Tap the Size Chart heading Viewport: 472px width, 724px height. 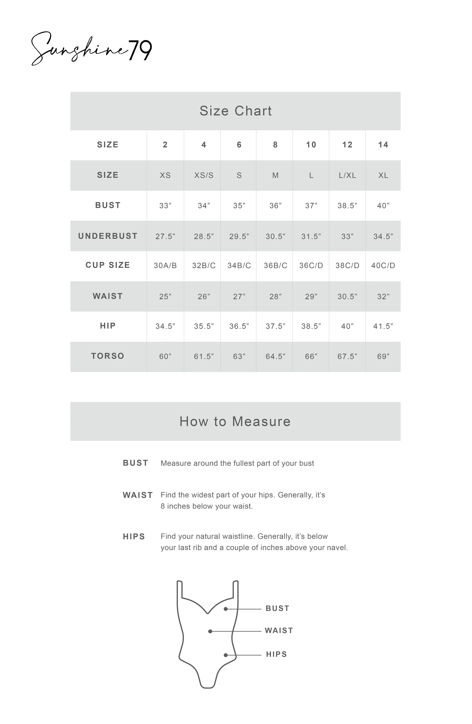(x=235, y=111)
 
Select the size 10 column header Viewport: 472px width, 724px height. (x=311, y=145)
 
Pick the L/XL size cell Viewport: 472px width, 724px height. (x=347, y=175)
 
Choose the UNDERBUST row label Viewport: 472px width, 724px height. (x=108, y=236)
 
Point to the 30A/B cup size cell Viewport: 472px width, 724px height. (x=165, y=266)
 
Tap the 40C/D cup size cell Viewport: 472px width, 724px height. (x=383, y=266)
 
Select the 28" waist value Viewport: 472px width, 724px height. (x=275, y=297)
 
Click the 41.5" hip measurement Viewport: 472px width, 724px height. (x=383, y=326)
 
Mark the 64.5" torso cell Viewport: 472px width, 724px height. (x=275, y=356)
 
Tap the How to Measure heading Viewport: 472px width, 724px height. (x=235, y=422)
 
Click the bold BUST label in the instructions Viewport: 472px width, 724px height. (x=135, y=463)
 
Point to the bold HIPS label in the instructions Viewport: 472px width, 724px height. (x=134, y=537)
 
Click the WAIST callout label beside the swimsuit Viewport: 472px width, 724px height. (x=278, y=631)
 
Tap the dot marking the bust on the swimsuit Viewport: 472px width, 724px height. (x=226, y=609)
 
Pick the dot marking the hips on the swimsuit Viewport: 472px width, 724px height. (x=226, y=655)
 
